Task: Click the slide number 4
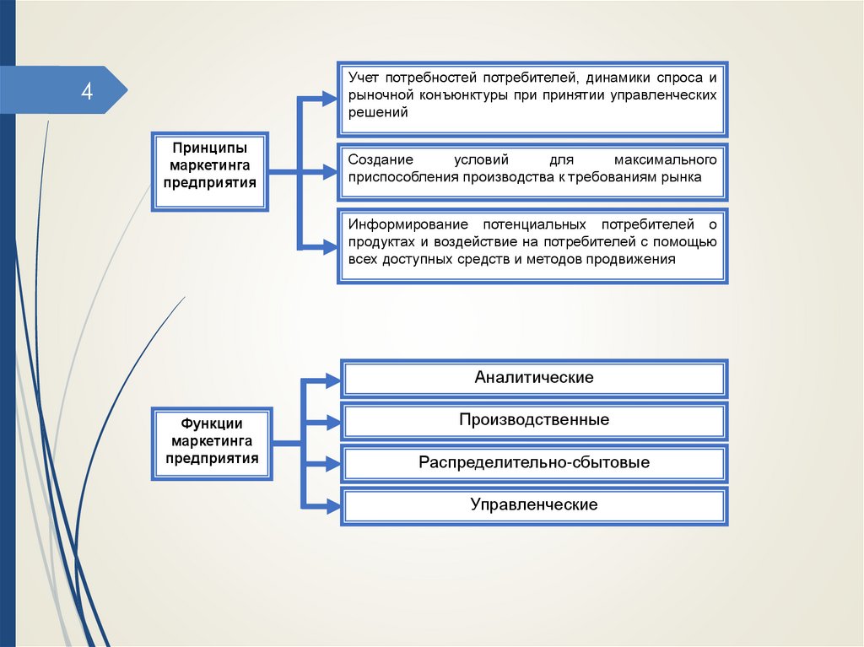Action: click(x=87, y=91)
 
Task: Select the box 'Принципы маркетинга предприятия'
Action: click(x=210, y=170)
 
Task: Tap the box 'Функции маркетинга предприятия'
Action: click(x=212, y=444)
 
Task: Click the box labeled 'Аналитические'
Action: click(x=533, y=378)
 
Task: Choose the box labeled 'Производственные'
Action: click(x=533, y=420)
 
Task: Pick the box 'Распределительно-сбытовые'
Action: click(x=533, y=463)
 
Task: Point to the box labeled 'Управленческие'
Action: click(x=533, y=505)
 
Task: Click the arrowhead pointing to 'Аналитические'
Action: click(x=330, y=379)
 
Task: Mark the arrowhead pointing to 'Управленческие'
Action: click(x=330, y=506)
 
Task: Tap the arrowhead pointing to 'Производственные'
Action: click(x=330, y=421)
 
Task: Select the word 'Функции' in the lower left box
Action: click(x=212, y=423)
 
